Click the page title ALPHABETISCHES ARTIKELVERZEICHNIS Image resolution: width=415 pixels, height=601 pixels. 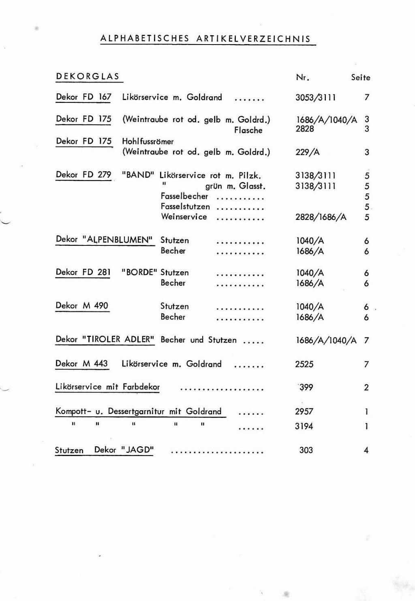[x=205, y=39]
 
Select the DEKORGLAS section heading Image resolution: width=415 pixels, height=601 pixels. [x=88, y=77]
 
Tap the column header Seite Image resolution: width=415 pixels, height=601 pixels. [x=360, y=77]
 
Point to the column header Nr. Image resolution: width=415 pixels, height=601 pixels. [x=302, y=77]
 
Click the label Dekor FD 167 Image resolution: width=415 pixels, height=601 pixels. [x=83, y=97]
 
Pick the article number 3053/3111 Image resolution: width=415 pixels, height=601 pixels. [x=315, y=98]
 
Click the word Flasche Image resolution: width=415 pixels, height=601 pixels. [x=248, y=130]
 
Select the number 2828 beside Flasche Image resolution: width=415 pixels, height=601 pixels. [x=305, y=129]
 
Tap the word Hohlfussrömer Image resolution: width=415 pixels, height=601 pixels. [x=148, y=141]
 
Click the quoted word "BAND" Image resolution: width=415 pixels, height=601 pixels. [x=138, y=175]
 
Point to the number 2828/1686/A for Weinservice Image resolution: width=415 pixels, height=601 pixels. [x=321, y=217]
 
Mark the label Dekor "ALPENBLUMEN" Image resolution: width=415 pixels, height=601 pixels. [x=105, y=239]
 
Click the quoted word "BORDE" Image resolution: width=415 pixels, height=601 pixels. [x=139, y=273]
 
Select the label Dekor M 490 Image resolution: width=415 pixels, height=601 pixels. [x=82, y=306]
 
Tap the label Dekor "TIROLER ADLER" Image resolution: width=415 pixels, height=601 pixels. [x=105, y=339]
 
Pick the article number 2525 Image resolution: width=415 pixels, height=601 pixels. [x=304, y=364]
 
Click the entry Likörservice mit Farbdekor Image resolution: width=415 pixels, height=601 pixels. [x=107, y=387]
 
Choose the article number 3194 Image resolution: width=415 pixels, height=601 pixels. [x=304, y=426]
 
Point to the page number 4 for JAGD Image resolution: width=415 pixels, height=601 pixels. [x=366, y=450]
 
